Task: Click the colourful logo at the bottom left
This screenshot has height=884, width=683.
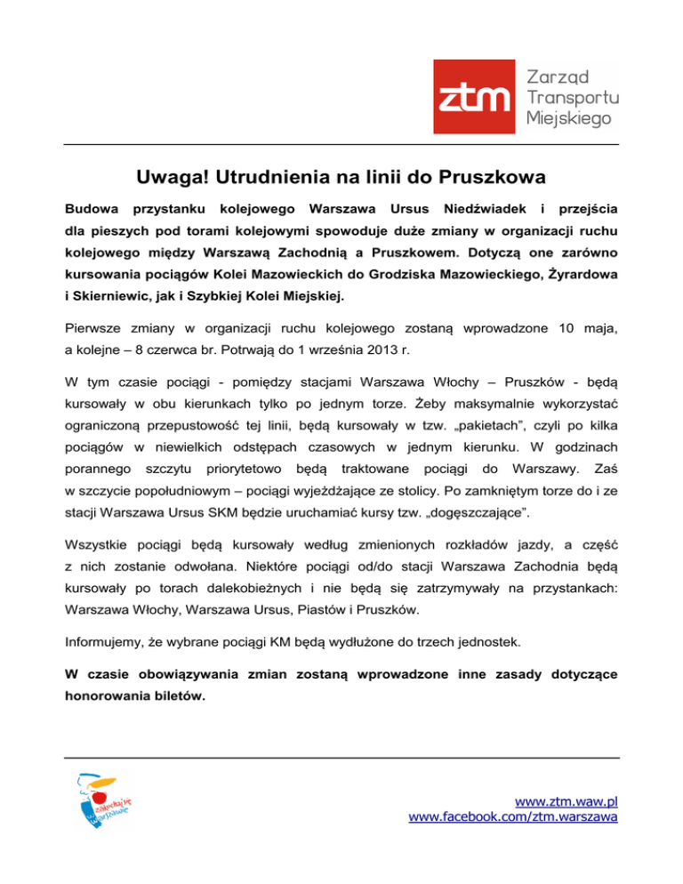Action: pyautogui.click(x=103, y=800)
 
